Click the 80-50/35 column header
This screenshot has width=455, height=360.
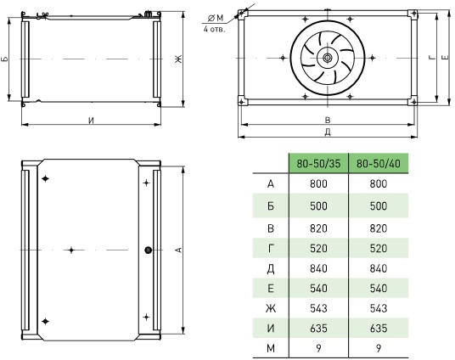(318, 164)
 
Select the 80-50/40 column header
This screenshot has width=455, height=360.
(379, 164)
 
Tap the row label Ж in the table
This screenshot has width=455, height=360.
(271, 308)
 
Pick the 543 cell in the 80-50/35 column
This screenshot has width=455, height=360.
(318, 308)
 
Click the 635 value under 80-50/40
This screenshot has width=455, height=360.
(379, 328)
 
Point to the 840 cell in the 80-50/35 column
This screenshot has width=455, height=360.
(318, 268)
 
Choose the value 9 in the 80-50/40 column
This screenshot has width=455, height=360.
(379, 348)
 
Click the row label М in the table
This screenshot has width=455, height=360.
(271, 348)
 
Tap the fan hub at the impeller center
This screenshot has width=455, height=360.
(328, 58)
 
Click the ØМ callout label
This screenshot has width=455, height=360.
(216, 18)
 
